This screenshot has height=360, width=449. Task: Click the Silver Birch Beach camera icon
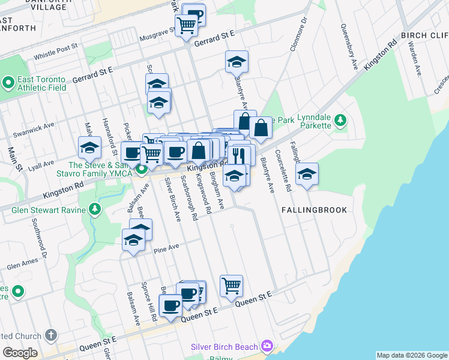267,347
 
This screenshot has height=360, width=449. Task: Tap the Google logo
20,353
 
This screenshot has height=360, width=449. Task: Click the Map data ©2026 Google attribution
412,355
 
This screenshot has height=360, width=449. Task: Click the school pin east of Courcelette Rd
307,173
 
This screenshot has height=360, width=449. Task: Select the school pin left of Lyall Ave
89,147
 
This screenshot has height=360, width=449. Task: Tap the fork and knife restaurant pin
241,155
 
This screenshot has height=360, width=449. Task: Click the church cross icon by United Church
51,335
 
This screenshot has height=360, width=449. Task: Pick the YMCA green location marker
142,169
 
